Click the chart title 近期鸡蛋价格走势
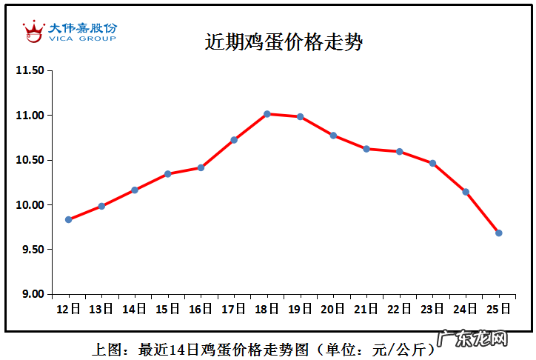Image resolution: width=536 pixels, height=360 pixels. (284, 42)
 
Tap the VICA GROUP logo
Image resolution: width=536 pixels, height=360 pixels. (70, 31)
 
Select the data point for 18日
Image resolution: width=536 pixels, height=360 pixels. (267, 113)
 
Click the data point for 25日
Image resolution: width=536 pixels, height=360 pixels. (499, 233)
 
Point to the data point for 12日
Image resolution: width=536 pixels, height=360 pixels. (69, 219)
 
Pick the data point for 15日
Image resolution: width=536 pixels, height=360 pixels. (168, 174)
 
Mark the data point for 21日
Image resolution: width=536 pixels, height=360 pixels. (366, 149)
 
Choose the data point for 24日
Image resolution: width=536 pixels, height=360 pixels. (466, 192)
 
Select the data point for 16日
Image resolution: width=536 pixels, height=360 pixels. (201, 167)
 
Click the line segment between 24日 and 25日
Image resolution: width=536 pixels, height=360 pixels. (483, 213)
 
